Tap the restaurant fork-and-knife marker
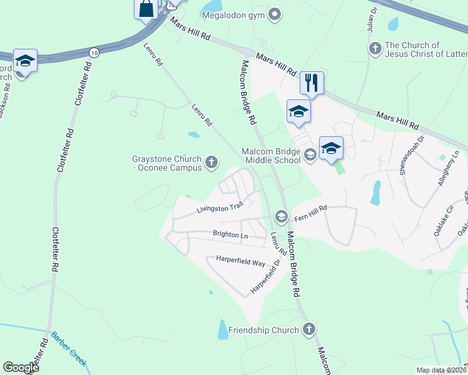click(311, 82)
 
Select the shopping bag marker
click(146, 9)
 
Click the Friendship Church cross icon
click(308, 329)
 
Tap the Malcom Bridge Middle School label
click(272, 156)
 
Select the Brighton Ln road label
click(230, 235)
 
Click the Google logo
click(21, 367)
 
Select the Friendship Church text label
click(264, 329)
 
